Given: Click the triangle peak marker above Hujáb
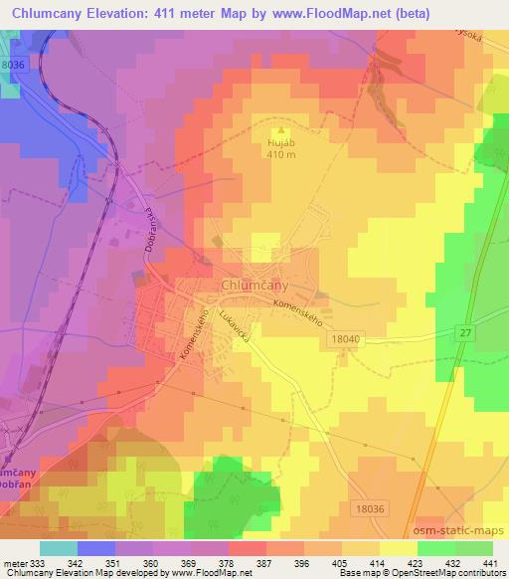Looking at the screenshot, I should coord(281,129).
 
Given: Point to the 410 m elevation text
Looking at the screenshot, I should coord(281,155).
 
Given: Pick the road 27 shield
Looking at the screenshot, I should coord(465,332).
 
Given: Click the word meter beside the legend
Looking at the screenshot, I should coord(17,563).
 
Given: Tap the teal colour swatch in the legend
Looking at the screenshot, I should coord(58,548).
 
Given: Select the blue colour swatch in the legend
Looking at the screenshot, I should coord(95,548).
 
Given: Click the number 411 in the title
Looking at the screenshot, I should coord(161,14).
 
